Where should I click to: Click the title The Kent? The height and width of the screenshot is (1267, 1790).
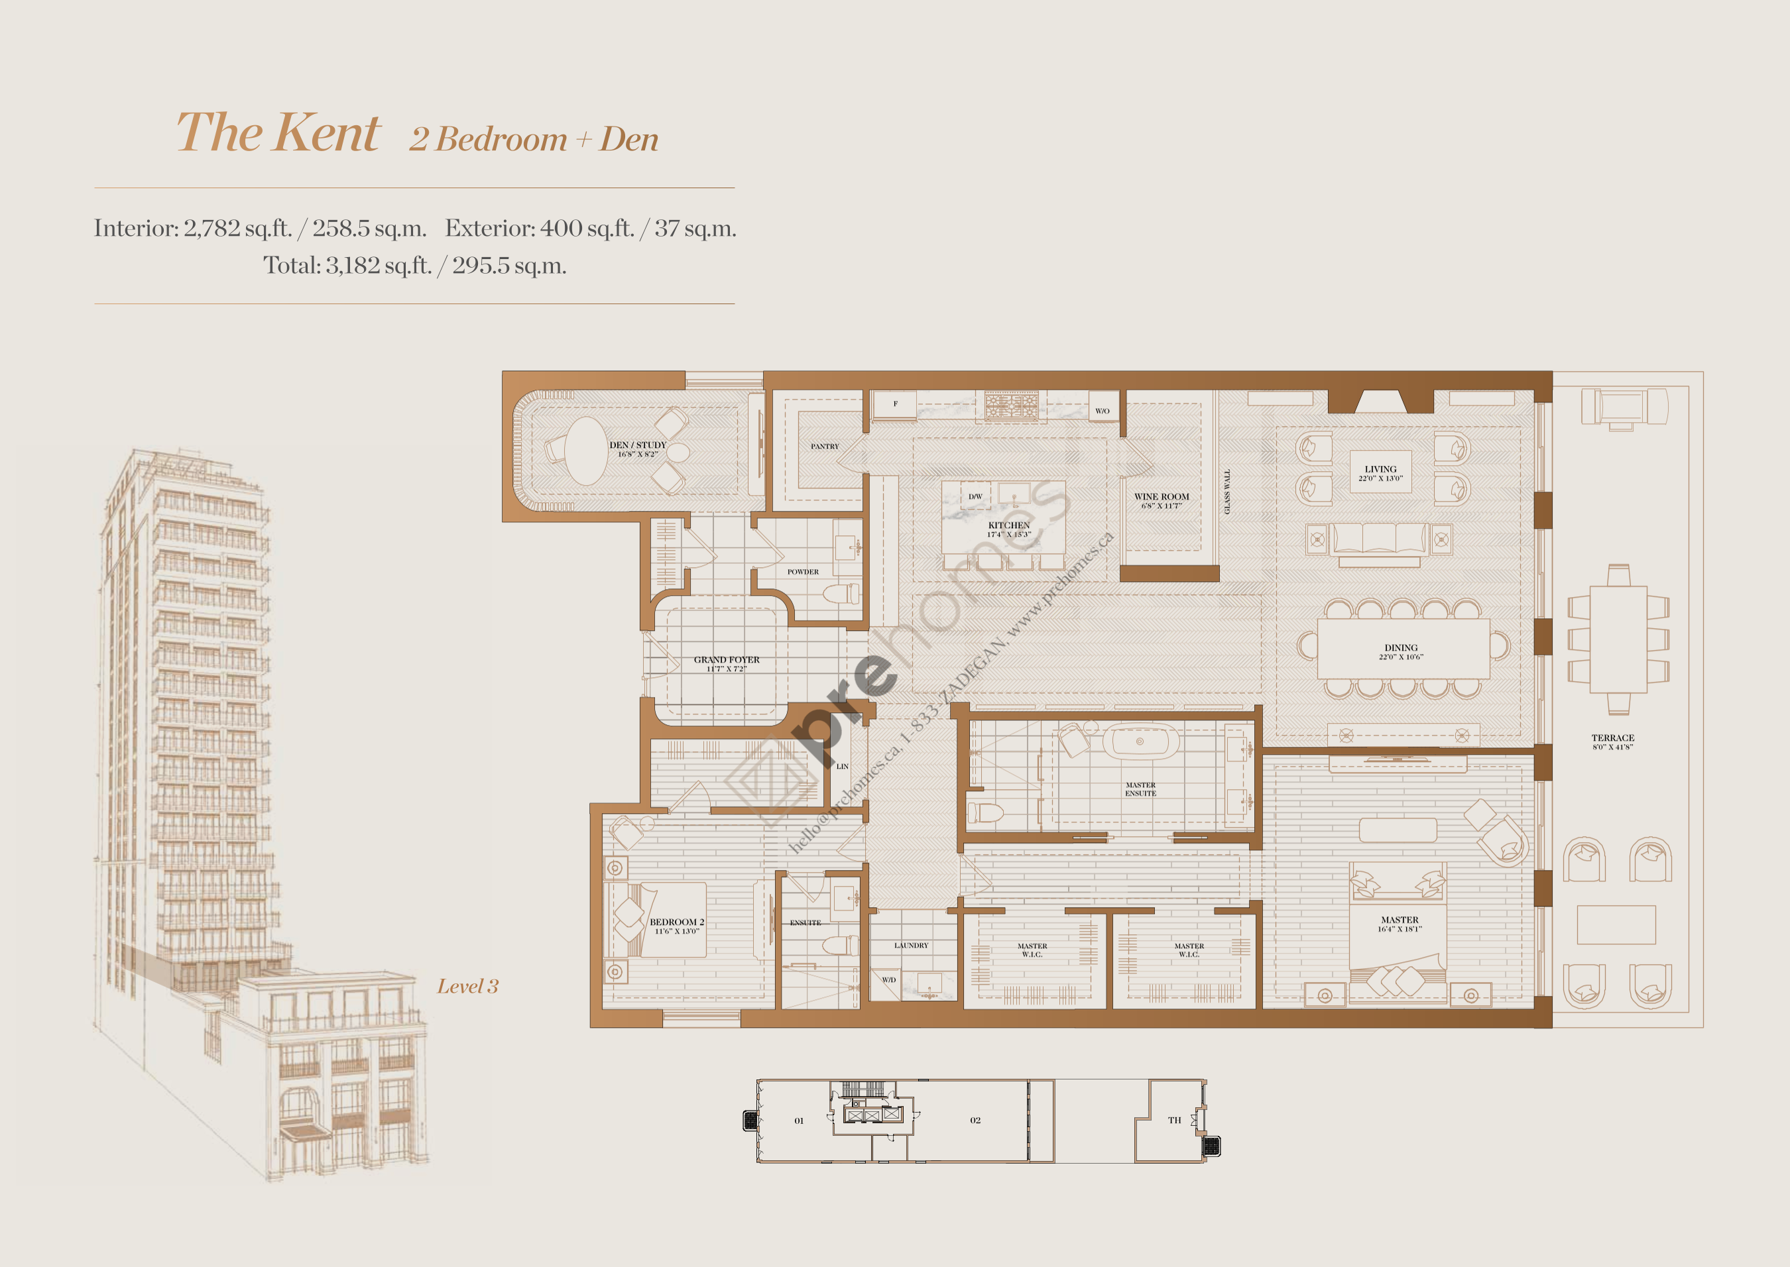pyautogui.click(x=278, y=133)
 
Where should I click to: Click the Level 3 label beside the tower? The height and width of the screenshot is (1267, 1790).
pyautogui.click(x=467, y=987)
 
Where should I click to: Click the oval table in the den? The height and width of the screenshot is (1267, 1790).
pyautogui.click(x=585, y=451)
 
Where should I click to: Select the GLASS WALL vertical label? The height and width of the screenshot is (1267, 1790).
pyautogui.click(x=1226, y=491)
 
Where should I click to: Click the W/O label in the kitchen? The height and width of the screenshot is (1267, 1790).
pyautogui.click(x=1102, y=410)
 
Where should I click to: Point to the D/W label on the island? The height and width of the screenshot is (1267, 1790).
pyautogui.click(x=975, y=496)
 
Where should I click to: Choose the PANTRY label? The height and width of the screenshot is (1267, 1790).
pyautogui.click(x=824, y=446)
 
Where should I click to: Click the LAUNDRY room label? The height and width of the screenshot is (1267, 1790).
pyautogui.click(x=911, y=945)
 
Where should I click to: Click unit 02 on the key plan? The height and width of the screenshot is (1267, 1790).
pyautogui.click(x=975, y=1121)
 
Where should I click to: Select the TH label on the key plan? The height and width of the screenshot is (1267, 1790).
pyautogui.click(x=1174, y=1121)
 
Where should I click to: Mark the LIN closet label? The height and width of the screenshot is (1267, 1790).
pyautogui.click(x=842, y=766)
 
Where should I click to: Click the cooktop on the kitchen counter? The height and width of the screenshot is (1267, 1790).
pyautogui.click(x=1011, y=406)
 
